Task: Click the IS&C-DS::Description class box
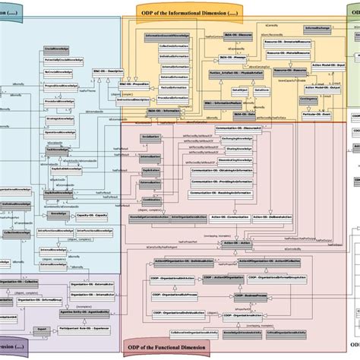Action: pyautogui.click(x=112, y=71)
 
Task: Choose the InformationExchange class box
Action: pyautogui.click(x=314, y=28)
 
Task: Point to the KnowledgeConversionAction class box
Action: pyautogui.click(x=147, y=216)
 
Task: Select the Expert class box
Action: pyautogui.click(x=44, y=330)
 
